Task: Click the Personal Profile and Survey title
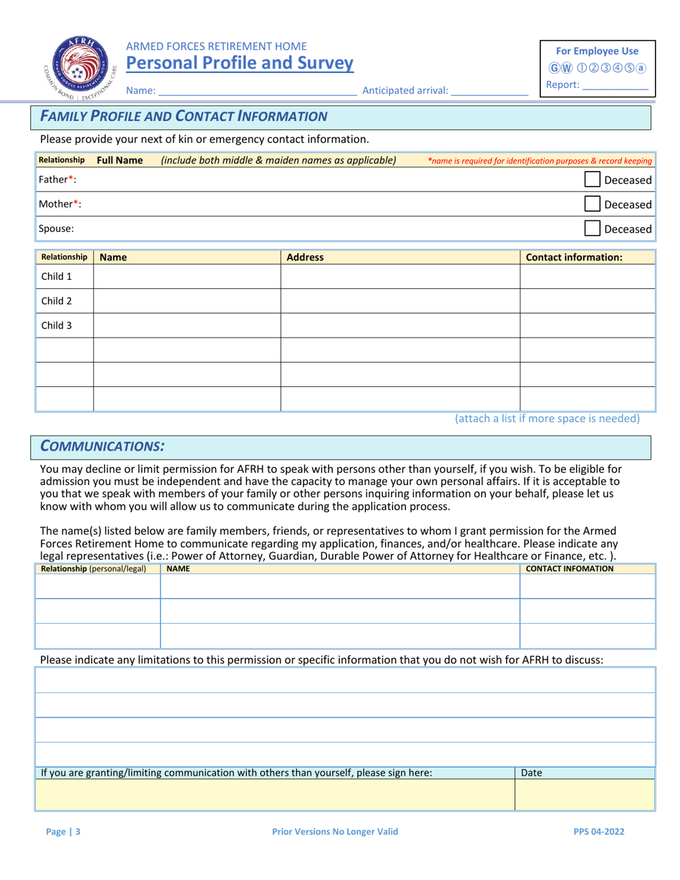tap(240, 64)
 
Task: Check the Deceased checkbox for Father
tap(593, 180)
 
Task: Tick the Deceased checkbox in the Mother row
tap(593, 205)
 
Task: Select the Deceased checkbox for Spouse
tap(593, 229)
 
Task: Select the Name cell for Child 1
tap(186, 277)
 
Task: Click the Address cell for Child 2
tap(399, 301)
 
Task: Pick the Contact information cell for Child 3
tap(587, 326)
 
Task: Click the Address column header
tap(305, 257)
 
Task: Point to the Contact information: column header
tap(574, 257)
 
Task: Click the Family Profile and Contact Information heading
tap(184, 117)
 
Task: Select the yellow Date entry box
tap(584, 794)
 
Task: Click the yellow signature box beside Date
tap(275, 794)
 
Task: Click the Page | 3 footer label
tap(63, 832)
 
